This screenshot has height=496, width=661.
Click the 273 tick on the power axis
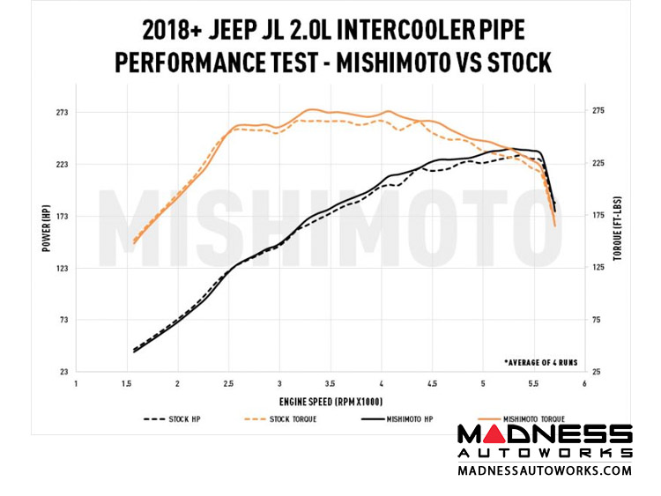coord(63,113)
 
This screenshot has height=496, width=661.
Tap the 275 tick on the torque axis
coord(598,111)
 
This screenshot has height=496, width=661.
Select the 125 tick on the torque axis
coord(598,268)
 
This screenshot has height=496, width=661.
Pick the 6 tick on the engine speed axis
coord(584,384)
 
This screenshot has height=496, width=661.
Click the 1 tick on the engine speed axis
coord(77,384)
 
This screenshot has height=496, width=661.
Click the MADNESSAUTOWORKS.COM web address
coord(545,470)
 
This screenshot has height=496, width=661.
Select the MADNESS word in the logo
coord(545,434)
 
